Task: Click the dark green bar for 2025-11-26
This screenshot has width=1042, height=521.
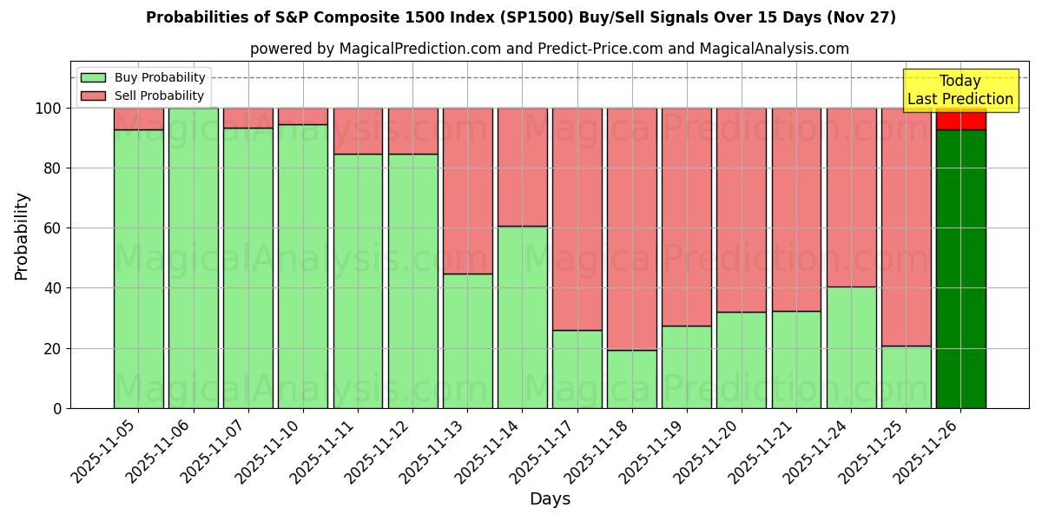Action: [x=960, y=269]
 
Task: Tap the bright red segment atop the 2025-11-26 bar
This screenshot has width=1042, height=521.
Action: [x=960, y=119]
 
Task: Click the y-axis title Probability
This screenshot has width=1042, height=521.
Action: [x=22, y=236]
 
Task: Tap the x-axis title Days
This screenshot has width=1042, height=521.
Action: [x=550, y=499]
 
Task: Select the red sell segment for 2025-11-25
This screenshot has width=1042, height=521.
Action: [x=906, y=226]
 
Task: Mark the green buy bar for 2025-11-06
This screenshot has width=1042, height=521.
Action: [x=193, y=258]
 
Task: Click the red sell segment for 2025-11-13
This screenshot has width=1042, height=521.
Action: [x=467, y=191]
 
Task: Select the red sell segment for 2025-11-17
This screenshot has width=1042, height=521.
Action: [x=577, y=219]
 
